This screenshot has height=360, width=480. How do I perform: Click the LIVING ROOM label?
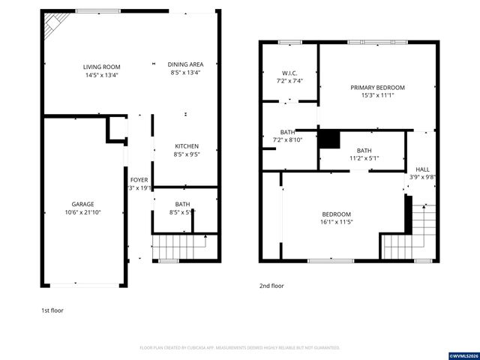point(101,67)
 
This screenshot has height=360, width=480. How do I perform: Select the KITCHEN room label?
point(186,145)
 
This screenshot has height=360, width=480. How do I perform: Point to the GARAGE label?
point(82,204)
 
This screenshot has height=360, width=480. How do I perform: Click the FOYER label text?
point(139,180)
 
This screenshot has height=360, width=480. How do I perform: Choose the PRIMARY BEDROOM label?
point(377,87)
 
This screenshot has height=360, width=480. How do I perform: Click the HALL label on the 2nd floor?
point(422,169)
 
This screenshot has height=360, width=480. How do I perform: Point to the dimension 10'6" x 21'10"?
point(82,212)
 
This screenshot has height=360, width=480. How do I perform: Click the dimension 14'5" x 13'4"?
point(101,75)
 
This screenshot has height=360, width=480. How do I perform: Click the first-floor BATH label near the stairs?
point(182,204)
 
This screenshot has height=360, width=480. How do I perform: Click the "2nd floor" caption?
point(271,286)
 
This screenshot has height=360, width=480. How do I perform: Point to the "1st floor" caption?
point(52,310)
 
